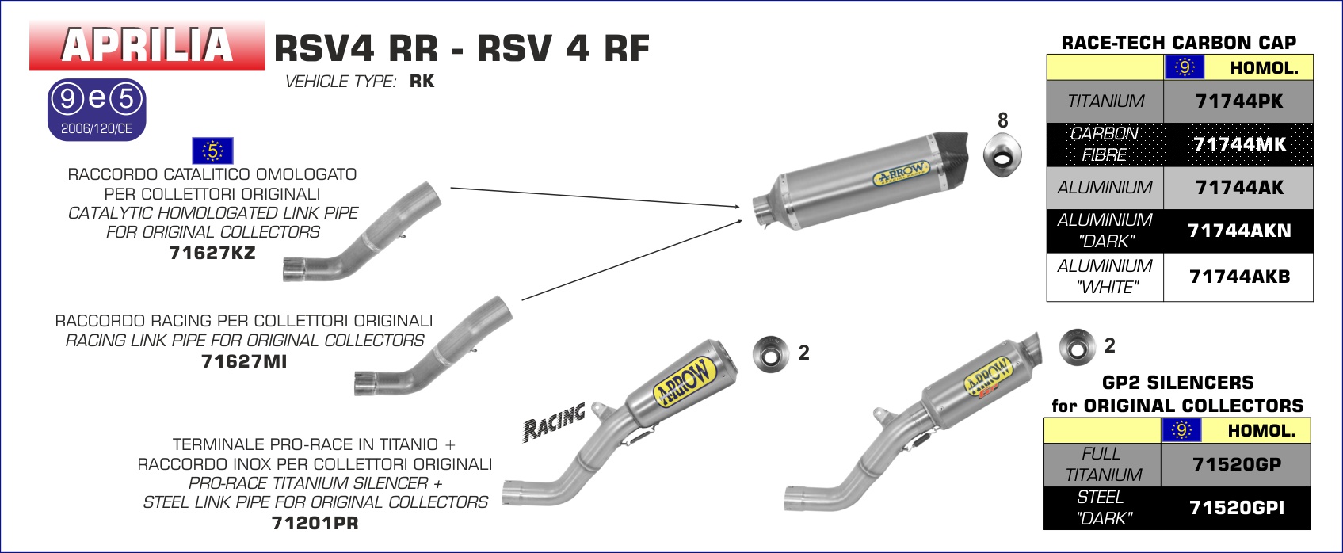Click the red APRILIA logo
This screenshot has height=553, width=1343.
point(147,45)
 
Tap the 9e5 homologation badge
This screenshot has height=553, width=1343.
point(97,109)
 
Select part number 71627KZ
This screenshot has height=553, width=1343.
point(212,253)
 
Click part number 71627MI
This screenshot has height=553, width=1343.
point(244,361)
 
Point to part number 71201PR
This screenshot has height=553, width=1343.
point(315,523)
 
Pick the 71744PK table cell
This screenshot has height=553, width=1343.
point(1238,101)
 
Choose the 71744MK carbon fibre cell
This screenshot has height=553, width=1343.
point(1238,144)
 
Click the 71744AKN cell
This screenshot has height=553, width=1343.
point(1238,231)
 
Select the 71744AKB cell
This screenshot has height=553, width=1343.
point(1238,276)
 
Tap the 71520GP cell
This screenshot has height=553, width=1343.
point(1236,464)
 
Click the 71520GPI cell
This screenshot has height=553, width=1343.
point(1236,508)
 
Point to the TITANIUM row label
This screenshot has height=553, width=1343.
point(1105,101)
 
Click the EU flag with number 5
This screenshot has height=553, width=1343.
point(212,151)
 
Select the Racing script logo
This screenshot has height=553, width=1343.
point(555,421)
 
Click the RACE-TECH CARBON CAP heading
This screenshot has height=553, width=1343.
point(1178,43)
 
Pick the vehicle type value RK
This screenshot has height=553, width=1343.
point(422,82)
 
